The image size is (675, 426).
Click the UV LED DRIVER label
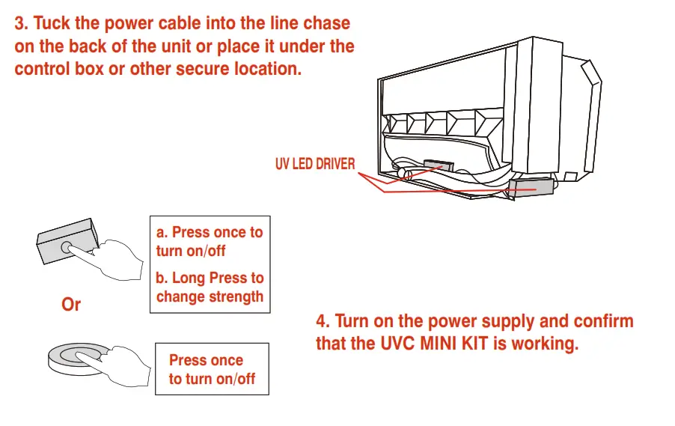point(315,164)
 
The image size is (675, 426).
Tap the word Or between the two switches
point(70,305)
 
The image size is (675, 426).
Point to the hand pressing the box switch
point(120,259)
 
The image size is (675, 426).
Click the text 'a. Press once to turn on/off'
point(209,241)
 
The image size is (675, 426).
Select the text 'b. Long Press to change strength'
point(210,287)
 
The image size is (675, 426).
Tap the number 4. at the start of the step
point(323,322)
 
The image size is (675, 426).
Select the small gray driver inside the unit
point(438,165)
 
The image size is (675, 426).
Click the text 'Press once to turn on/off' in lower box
point(212,369)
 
